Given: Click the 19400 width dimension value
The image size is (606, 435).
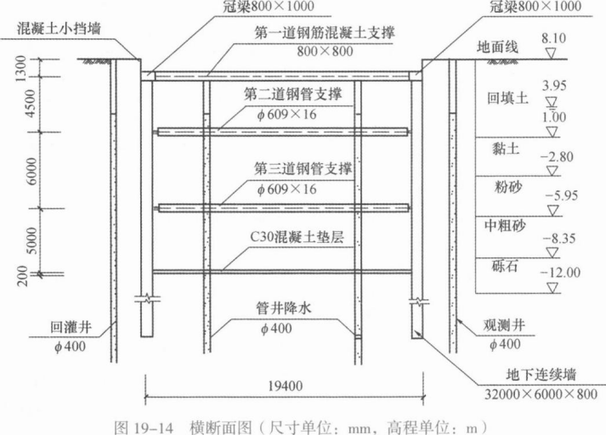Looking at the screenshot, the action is coord(286,386).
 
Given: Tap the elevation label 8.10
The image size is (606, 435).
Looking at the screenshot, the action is coord(553,38).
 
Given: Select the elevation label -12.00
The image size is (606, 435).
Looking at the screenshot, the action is coord(560,273).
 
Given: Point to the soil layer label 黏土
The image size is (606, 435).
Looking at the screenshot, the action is coord(506,149).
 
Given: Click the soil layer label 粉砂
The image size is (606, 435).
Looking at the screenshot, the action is coord(508,188).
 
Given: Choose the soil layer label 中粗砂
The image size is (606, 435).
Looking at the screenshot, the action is coord(505,226).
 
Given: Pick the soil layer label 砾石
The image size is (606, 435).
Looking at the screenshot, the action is coord(505,266).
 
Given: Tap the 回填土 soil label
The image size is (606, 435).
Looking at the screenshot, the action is coord(507,98).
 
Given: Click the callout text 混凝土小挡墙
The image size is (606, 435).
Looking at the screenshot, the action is coord(59,29).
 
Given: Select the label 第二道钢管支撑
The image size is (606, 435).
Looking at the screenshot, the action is coord(293,94).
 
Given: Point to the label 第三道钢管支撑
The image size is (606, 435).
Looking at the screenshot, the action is coord(303,169).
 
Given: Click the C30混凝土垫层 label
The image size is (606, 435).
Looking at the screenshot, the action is coord(297,236).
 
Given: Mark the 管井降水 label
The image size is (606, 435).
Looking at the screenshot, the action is coord(283,308).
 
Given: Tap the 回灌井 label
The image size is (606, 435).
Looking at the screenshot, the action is coord(71,328).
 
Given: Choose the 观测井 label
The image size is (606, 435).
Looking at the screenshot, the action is coord(504,325).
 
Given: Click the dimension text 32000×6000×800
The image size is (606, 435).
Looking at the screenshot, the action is coord(541,394).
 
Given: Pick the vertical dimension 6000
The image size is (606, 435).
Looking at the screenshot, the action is coord(32,171).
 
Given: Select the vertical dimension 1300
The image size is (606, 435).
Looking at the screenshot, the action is coord(20,68).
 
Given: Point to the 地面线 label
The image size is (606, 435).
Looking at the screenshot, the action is coord(497,47).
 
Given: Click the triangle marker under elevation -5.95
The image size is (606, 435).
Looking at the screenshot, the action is coord(553,210).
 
